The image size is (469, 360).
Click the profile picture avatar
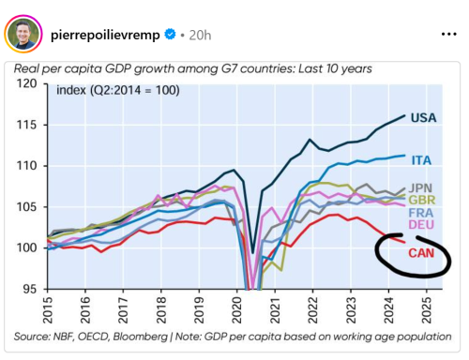tap(24, 33)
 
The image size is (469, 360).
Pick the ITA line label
tap(422, 160)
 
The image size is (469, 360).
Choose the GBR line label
tap(424, 200)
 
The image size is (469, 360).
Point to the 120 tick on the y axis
tap(26, 84)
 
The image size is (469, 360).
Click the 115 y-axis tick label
tap(26, 125)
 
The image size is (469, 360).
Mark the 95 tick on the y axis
tap(30, 289)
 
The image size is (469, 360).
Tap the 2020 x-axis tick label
tap(235, 309)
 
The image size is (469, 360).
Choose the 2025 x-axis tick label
tap(424, 309)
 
